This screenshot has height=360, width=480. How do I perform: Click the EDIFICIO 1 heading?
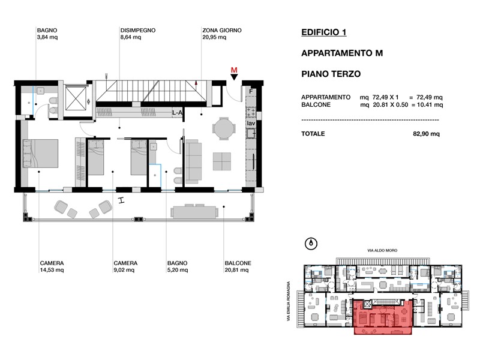323,32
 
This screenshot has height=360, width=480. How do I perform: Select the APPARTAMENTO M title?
342,53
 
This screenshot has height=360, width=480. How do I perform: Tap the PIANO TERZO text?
331,74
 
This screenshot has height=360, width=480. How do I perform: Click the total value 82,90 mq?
426,134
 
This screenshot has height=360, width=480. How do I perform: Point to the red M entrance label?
234,70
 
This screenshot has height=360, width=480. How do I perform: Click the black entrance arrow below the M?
234,77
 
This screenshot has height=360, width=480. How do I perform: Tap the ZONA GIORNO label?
221,31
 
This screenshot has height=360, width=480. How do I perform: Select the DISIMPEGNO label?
138,31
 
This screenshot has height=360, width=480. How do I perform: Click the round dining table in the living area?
224,128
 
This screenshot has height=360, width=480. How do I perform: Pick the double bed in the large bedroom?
40,154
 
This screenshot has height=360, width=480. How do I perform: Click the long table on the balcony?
194,212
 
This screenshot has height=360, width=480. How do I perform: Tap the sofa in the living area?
193,161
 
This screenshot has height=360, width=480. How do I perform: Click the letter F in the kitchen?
251,92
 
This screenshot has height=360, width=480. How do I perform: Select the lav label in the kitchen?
251,123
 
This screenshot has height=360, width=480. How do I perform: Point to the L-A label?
177,113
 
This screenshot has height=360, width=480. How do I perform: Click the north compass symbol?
311,244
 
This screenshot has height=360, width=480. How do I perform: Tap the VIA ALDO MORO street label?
382,250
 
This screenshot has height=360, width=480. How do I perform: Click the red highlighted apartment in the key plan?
383,317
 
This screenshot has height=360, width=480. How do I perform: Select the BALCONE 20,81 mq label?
238,266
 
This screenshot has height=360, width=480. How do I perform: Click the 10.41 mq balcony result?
430,104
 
